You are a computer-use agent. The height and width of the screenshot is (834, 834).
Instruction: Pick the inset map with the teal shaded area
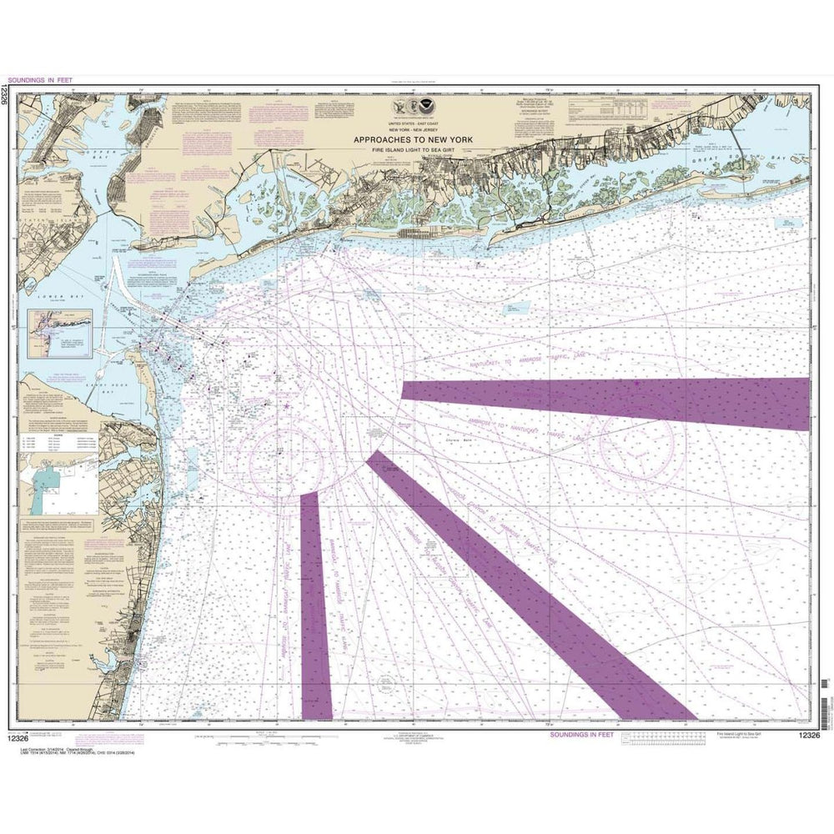(54, 489)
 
